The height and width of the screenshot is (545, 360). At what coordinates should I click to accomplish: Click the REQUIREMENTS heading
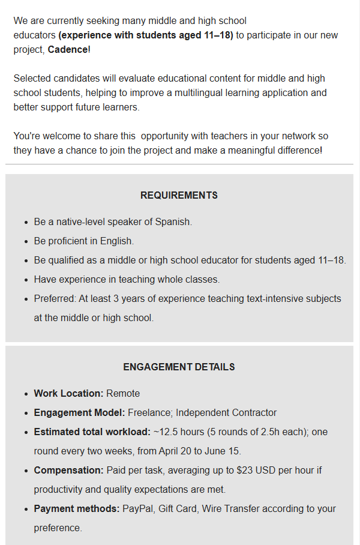pyautogui.click(x=179, y=196)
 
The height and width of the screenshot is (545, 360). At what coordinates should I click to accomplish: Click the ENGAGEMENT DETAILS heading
pyautogui.click(x=179, y=367)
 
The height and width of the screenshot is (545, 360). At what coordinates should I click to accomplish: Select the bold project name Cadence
pyautogui.click(x=68, y=49)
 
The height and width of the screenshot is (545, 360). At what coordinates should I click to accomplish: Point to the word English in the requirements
pyautogui.click(x=116, y=241)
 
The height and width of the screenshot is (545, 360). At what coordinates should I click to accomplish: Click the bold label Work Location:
pyautogui.click(x=68, y=394)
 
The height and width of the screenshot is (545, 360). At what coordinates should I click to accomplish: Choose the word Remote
pyautogui.click(x=123, y=394)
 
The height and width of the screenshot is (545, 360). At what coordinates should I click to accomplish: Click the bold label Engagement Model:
pyautogui.click(x=79, y=413)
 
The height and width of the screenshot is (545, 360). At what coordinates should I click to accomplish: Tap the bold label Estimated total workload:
pyautogui.click(x=92, y=432)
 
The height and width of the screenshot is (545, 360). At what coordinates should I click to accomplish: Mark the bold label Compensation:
pyautogui.click(x=68, y=471)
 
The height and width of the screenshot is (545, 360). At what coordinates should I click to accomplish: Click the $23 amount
pyautogui.click(x=245, y=471)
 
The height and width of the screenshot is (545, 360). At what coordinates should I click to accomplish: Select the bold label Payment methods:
pyautogui.click(x=77, y=509)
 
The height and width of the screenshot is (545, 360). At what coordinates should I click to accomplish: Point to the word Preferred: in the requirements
pyautogui.click(x=54, y=299)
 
